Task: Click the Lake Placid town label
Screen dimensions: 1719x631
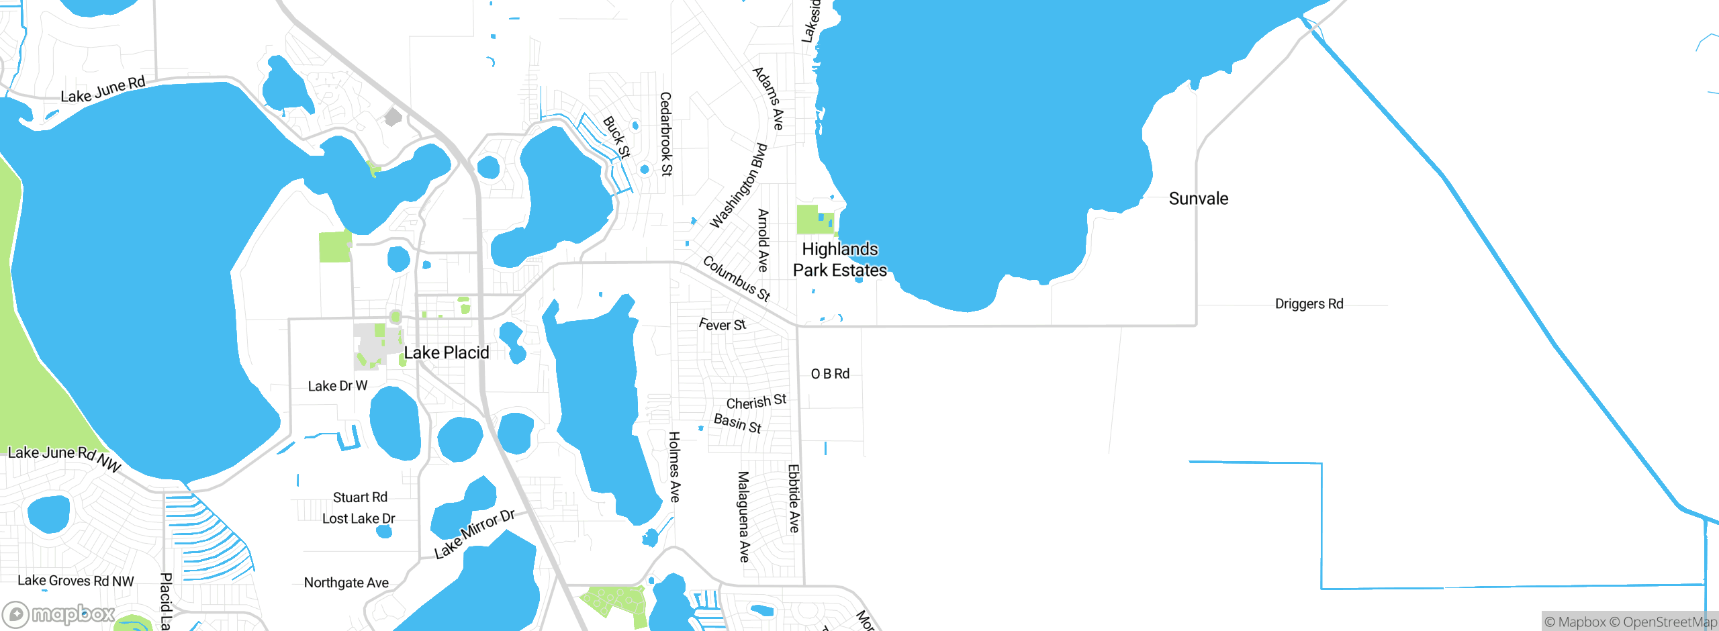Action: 446,353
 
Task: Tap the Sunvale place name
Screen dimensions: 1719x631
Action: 1198,199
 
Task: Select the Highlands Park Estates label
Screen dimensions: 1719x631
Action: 839,260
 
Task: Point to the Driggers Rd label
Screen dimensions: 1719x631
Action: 1309,304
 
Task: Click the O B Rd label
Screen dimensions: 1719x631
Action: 830,374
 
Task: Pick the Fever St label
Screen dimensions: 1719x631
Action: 722,325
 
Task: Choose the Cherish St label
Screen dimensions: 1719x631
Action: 756,402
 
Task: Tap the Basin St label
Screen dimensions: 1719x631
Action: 737,423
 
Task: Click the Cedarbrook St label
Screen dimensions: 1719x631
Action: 665,134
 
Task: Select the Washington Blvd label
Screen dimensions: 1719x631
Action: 739,185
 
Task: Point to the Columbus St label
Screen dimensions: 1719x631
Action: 736,278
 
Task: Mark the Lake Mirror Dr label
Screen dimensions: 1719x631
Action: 474,534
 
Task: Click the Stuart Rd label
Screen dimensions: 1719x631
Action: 360,497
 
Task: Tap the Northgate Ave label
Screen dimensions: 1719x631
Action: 346,583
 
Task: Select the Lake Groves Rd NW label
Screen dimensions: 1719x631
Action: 76,581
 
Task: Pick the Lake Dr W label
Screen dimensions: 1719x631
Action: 337,386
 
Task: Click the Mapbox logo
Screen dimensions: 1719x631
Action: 59,614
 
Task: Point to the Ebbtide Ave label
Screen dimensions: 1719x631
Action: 794,498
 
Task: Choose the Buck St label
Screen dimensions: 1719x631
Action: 616,137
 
